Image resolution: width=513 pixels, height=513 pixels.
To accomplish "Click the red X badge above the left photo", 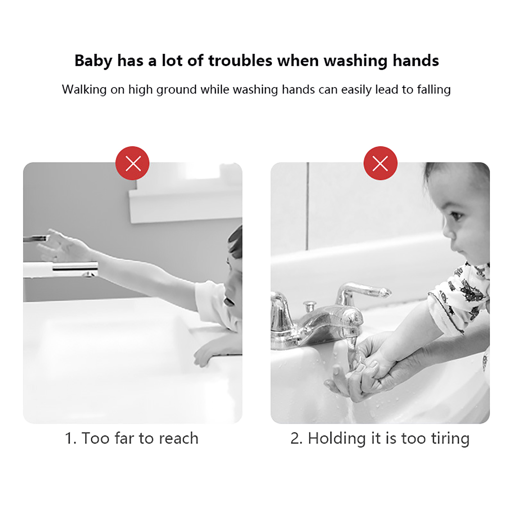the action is [x=132, y=163].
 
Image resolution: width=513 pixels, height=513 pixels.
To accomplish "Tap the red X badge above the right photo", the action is [x=380, y=163].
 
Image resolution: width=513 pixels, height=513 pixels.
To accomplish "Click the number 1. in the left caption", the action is [x=71, y=438].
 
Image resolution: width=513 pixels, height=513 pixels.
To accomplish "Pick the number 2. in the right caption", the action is [x=296, y=438].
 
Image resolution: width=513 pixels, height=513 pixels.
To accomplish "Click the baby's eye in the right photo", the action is [x=457, y=215].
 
